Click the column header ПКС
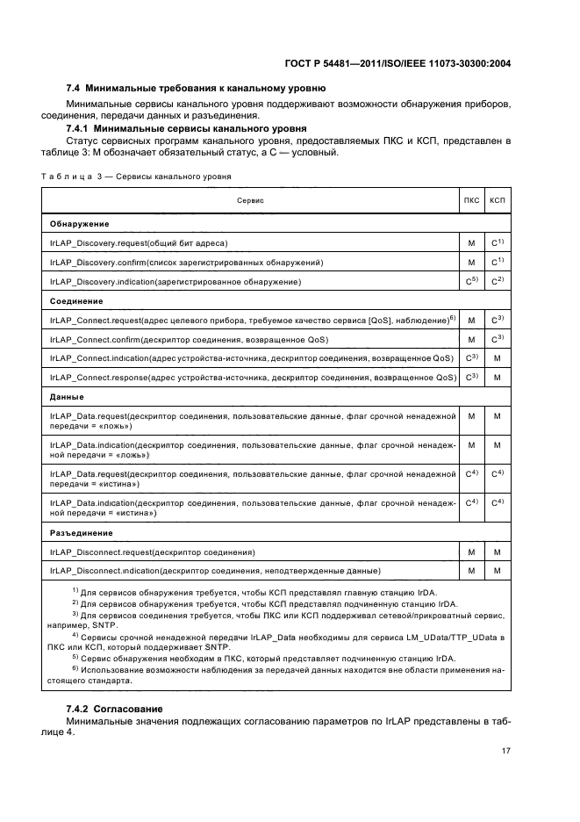(471, 201)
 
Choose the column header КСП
(498, 201)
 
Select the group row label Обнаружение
(80, 223)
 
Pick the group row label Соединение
(79, 301)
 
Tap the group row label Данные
(68, 397)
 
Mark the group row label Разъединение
(82, 532)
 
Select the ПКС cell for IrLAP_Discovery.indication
(471, 281)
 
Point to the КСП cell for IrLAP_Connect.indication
(498, 358)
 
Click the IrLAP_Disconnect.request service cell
(153, 552)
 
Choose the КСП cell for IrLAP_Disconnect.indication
(498, 572)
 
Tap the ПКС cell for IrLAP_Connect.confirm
(471, 339)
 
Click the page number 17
(506, 750)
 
